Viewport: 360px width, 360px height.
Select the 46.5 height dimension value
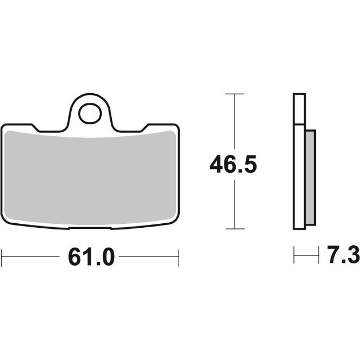[x=233, y=166]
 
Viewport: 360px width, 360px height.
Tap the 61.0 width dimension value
[x=91, y=258]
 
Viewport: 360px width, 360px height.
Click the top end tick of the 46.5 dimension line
[x=235, y=93]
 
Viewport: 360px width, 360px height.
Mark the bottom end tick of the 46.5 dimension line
[x=235, y=229]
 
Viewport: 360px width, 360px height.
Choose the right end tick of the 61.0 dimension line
[x=179, y=258]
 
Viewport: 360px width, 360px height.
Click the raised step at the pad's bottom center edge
[x=90, y=228]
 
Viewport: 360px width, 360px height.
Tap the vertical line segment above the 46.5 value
[x=235, y=122]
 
